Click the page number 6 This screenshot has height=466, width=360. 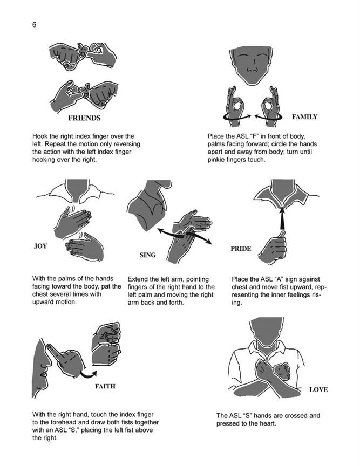click(34, 24)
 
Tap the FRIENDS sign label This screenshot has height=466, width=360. click(84, 118)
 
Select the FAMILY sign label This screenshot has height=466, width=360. click(304, 117)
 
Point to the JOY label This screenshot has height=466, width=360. click(40, 246)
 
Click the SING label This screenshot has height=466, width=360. click(147, 255)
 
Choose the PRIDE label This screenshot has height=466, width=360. click(241, 249)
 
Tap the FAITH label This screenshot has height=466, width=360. click(105, 386)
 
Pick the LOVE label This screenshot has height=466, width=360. click(318, 389)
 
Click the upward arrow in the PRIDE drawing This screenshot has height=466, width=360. click(282, 219)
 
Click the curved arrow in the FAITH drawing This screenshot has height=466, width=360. click(88, 374)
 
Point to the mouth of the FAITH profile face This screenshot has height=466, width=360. click(44, 374)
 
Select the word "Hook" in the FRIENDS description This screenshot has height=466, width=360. click(39, 136)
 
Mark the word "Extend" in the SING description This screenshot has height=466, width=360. click(138, 279)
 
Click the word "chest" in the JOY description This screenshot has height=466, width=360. click(41, 294)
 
